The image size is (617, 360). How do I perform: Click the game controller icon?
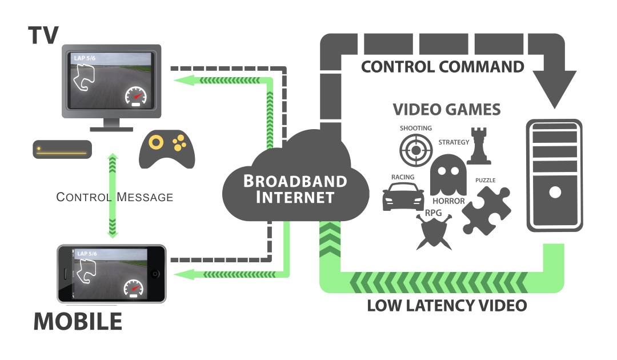(x=167, y=150)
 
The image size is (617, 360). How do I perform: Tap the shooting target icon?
(x=416, y=150)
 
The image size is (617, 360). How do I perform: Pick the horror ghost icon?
(x=446, y=175)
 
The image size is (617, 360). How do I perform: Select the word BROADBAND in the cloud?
(x=295, y=182)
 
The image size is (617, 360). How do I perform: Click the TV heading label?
(x=43, y=35)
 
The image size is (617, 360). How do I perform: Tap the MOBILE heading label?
(x=78, y=321)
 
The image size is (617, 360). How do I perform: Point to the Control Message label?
(x=114, y=197)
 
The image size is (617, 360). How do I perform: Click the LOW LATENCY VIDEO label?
(x=446, y=306)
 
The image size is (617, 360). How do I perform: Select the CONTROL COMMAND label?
(x=443, y=67)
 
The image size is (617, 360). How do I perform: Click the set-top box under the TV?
(x=62, y=149)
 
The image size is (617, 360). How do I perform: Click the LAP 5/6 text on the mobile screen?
(x=87, y=253)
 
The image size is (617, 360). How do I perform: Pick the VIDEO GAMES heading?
(x=447, y=109)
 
